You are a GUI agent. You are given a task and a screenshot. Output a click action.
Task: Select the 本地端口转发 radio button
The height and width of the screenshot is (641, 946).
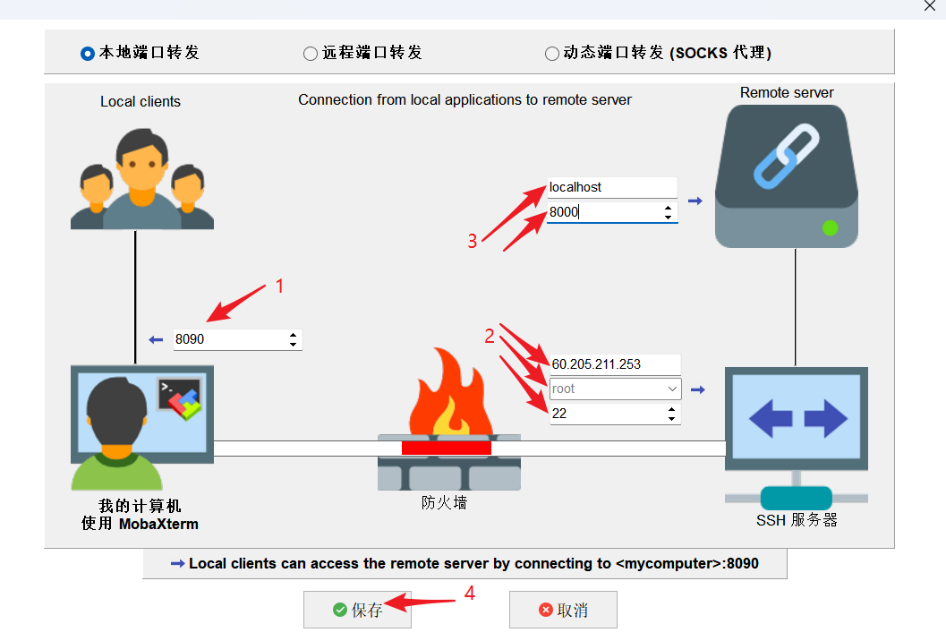pos(87,54)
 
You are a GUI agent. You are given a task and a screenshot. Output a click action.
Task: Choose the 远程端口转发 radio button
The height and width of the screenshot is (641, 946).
pos(311,54)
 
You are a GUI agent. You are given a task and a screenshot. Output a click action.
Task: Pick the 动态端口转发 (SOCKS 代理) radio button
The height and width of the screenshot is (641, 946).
pos(552,54)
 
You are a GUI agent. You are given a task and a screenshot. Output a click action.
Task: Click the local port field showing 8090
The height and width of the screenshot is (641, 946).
pos(228,340)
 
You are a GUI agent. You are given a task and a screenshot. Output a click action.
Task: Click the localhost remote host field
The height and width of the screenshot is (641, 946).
pos(611,187)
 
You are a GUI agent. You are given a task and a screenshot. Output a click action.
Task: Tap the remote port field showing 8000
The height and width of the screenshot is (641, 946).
pos(604,212)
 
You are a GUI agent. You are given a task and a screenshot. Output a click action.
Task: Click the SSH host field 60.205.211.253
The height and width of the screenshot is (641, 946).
pos(614,364)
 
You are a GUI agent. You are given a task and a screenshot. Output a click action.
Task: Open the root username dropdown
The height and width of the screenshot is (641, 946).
pos(672,389)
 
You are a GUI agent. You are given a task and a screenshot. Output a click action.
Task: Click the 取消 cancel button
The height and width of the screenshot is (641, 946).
pos(563,610)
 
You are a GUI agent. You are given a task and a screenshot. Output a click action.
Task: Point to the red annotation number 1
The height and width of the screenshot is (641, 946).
pos(279,286)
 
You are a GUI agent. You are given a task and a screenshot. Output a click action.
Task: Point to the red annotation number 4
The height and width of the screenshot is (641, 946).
pos(468,592)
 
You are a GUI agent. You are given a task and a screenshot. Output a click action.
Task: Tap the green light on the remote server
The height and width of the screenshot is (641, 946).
pos(830,227)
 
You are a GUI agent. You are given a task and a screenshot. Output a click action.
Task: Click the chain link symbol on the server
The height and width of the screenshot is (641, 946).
pos(787,158)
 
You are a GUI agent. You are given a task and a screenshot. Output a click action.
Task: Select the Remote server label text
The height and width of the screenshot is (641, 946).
pos(787,93)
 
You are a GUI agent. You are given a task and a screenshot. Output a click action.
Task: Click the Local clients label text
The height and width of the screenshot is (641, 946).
pos(141,102)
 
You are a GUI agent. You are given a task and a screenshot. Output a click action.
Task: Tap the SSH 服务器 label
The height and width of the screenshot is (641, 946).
pos(797,520)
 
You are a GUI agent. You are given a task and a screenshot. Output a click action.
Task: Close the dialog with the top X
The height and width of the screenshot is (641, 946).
pos(929,5)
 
